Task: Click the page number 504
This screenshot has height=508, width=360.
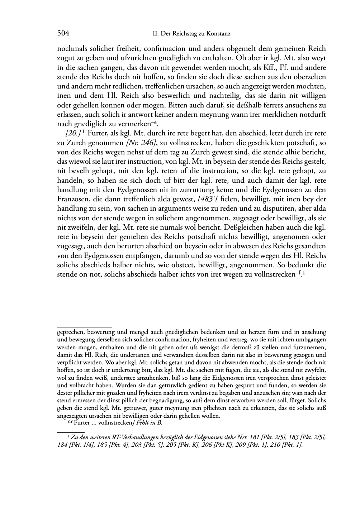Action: [63, 34]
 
